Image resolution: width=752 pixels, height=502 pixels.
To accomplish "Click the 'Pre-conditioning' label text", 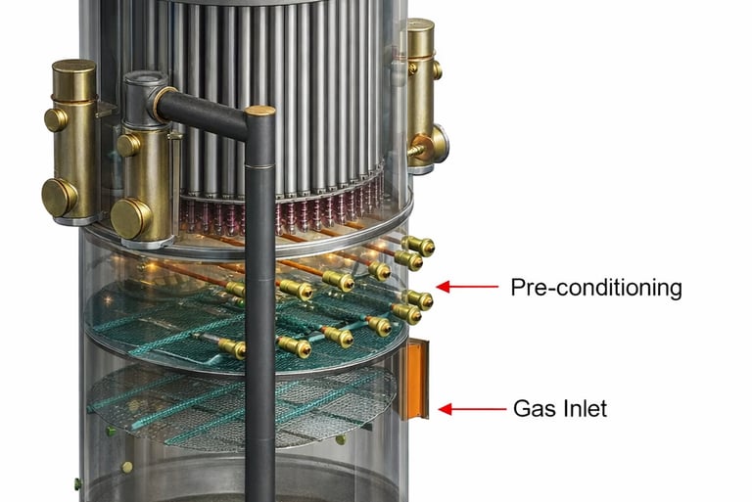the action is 595,288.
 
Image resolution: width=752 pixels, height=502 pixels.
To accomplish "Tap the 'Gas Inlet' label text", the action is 560,408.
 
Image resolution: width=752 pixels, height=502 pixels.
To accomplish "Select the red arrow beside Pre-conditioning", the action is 463,287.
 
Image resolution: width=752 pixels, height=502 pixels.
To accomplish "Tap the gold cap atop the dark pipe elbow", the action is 260,111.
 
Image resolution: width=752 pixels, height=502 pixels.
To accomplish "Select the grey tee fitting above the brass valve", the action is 144,93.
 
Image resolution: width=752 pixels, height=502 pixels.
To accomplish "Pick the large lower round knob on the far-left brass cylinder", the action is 59,197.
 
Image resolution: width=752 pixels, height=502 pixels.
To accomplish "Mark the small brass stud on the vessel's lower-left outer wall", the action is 76,481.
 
